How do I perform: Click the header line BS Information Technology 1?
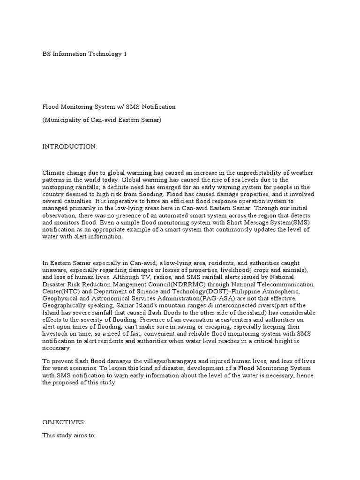click(x=85, y=54)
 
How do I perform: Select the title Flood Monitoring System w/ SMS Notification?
click(x=109, y=106)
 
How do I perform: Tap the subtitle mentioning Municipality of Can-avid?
click(x=102, y=120)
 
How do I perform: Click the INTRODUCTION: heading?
click(x=70, y=147)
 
